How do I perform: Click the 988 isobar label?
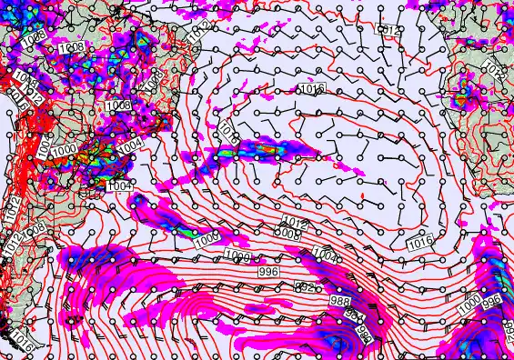tap(340, 301)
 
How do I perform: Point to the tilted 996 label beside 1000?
tap(492, 301)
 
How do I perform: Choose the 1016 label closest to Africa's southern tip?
tap(420, 243)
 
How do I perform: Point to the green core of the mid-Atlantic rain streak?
tap(269, 144)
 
